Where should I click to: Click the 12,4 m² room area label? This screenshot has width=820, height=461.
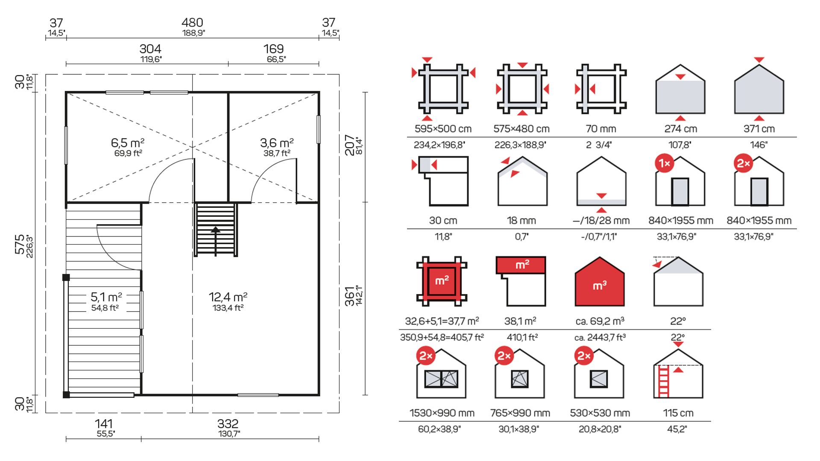(228, 297)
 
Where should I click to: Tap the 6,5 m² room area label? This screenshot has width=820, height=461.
(127, 143)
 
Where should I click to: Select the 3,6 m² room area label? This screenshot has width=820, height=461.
(277, 143)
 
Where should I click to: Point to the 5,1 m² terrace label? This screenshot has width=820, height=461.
(106, 297)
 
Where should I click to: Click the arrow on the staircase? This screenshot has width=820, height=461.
(216, 241)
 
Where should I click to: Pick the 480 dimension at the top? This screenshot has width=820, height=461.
(192, 23)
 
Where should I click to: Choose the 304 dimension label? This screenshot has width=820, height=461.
(150, 49)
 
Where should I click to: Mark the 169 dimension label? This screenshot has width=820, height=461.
(273, 49)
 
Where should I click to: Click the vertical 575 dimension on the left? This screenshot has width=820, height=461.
(20, 244)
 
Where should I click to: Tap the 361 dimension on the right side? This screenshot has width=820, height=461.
(350, 296)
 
